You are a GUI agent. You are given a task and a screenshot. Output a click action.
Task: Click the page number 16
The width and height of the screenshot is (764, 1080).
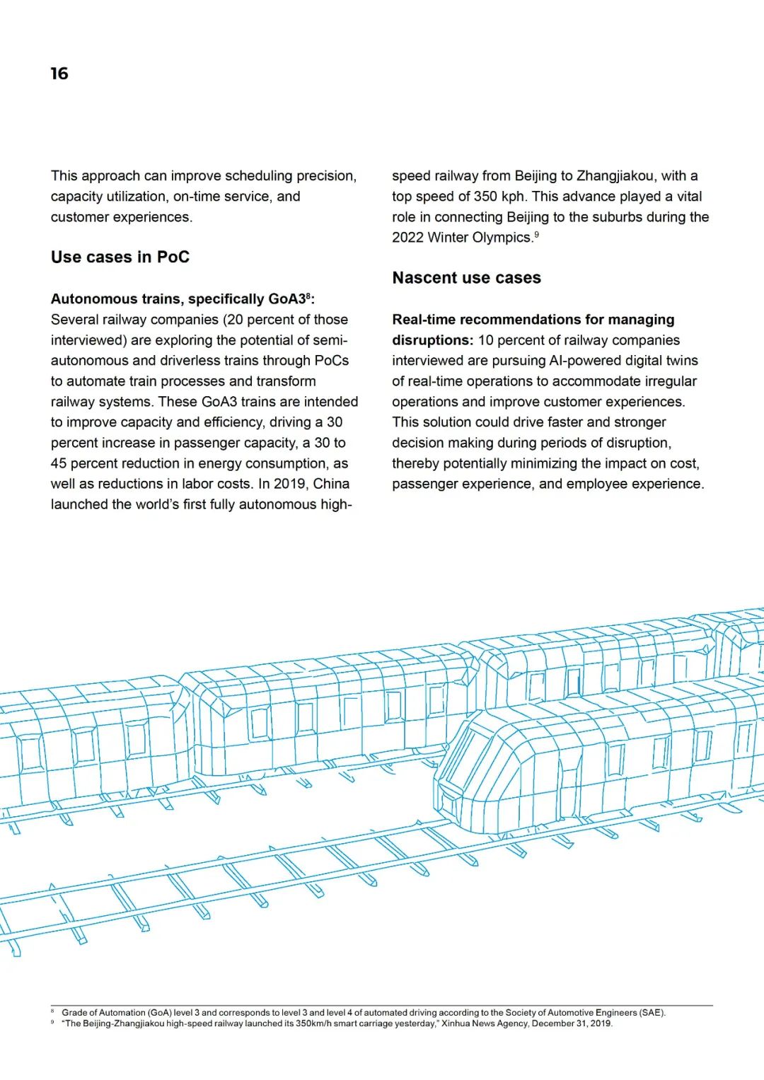coord(59,74)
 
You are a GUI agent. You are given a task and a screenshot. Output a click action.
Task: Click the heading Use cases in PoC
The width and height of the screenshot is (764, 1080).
coord(120,257)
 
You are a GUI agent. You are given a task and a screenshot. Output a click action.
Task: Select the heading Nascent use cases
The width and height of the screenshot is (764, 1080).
coord(466,277)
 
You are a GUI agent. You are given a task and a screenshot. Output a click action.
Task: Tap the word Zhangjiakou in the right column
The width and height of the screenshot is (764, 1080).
coord(615,175)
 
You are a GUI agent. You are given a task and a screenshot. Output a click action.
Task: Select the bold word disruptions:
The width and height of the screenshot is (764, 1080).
coord(432,340)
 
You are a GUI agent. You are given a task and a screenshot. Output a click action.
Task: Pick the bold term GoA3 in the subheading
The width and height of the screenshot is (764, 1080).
coord(286,298)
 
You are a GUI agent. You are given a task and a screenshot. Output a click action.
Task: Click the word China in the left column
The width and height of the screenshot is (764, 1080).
coord(331,484)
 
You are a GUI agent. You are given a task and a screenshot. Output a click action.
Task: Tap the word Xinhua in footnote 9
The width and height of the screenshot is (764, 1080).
coord(456,1023)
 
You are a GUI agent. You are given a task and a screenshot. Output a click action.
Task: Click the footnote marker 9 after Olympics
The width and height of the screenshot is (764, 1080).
coord(537,234)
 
